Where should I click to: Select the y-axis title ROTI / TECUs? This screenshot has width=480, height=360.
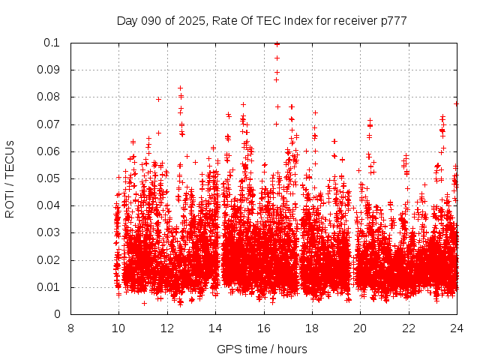(x=10, y=178)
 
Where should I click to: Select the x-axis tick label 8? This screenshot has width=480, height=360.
(x=70, y=328)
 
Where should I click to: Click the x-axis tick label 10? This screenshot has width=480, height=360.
(x=118, y=328)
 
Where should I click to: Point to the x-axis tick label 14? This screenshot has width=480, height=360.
(x=215, y=328)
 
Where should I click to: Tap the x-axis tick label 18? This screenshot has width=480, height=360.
(x=312, y=328)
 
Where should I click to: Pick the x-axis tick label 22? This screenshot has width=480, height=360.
(x=409, y=328)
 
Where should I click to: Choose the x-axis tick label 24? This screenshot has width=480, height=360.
(x=457, y=328)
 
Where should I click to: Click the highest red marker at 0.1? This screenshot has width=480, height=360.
(x=277, y=43)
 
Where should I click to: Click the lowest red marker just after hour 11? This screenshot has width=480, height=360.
(x=144, y=303)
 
